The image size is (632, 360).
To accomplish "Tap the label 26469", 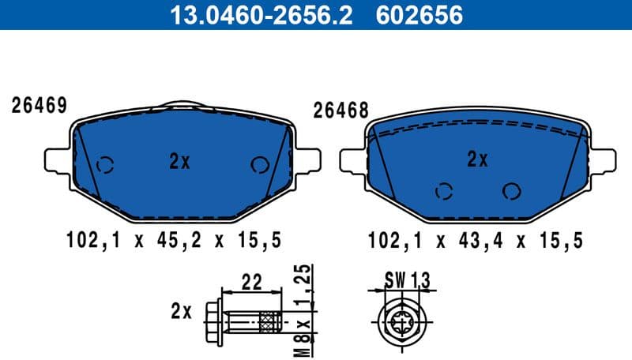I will click(37, 105).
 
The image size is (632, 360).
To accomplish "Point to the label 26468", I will click(341, 111).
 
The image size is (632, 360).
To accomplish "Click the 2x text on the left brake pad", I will click(180, 162).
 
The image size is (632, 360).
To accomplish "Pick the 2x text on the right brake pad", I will click(477, 160).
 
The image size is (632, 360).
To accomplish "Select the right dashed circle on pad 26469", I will click(258, 164).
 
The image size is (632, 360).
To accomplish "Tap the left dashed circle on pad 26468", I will click(445, 190).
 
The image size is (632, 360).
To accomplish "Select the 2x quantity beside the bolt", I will click(180, 312).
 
